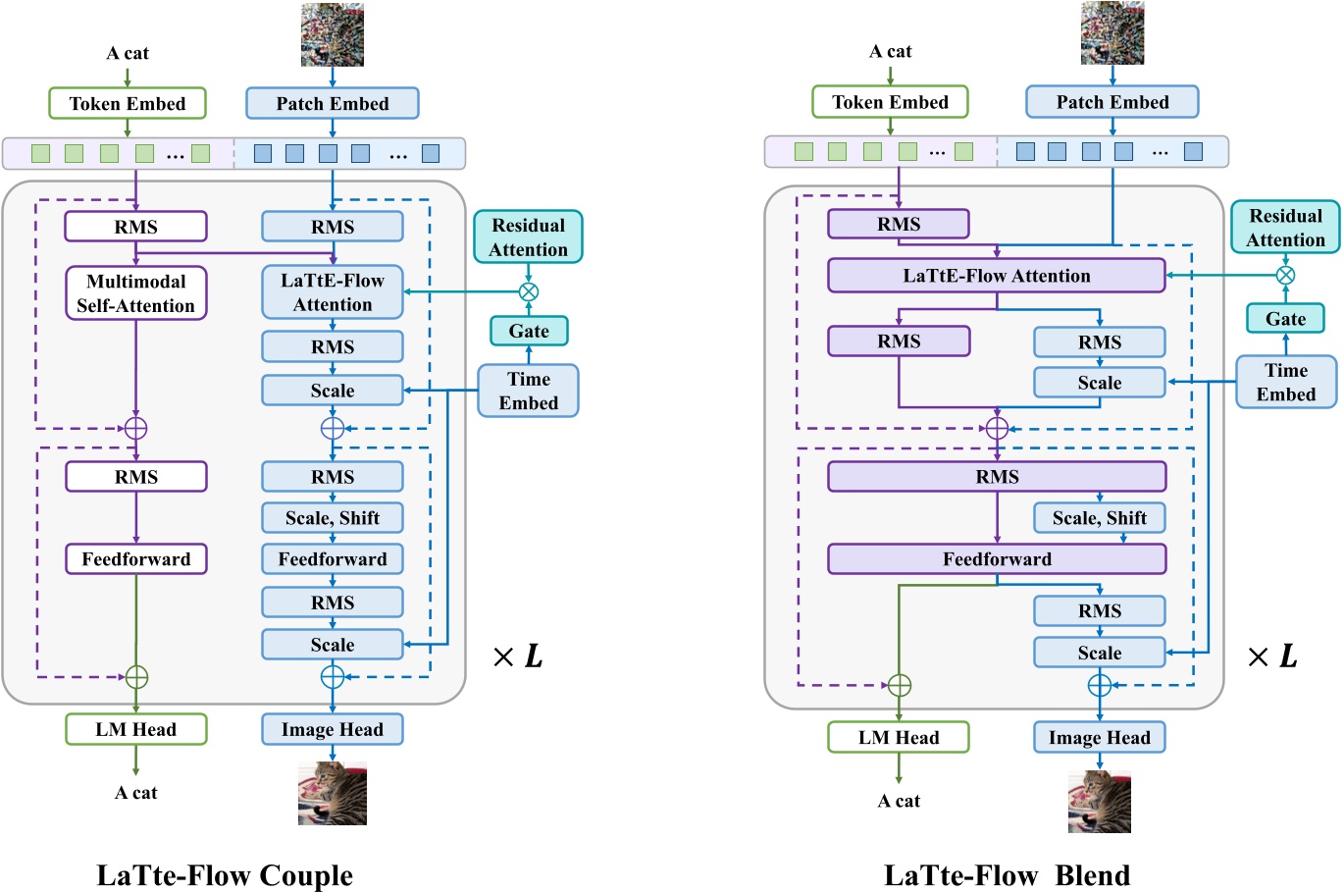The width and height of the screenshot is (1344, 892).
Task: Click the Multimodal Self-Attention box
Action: (x=136, y=293)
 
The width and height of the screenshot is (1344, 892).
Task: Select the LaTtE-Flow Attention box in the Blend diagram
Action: (x=997, y=276)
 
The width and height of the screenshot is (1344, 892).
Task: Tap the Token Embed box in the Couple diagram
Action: (x=128, y=103)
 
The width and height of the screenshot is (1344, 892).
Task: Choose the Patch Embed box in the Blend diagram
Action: (x=1112, y=102)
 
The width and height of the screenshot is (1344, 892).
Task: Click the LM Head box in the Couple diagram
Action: (x=136, y=729)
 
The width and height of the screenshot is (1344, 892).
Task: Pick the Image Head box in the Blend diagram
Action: (x=1100, y=738)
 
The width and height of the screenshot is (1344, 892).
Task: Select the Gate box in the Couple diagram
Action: (x=529, y=331)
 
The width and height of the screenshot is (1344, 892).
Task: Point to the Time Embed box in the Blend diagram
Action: (x=1286, y=382)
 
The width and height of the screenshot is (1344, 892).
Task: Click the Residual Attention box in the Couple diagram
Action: (x=529, y=237)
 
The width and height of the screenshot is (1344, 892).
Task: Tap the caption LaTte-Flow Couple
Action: (x=225, y=874)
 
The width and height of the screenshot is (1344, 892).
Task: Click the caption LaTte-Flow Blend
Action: (x=1008, y=874)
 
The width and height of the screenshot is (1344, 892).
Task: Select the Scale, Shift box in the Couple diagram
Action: (x=333, y=518)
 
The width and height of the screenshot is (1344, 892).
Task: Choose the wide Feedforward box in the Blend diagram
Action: (x=997, y=559)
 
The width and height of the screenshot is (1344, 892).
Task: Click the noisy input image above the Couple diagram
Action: (x=333, y=34)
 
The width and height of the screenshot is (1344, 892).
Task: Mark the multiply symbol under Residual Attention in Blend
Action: (x=1285, y=275)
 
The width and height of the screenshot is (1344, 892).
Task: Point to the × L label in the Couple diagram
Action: (x=518, y=656)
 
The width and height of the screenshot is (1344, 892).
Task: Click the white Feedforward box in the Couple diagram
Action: (x=136, y=559)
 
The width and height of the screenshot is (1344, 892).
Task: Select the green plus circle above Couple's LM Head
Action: (x=136, y=677)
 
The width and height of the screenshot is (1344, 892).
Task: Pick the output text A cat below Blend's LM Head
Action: (x=899, y=801)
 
